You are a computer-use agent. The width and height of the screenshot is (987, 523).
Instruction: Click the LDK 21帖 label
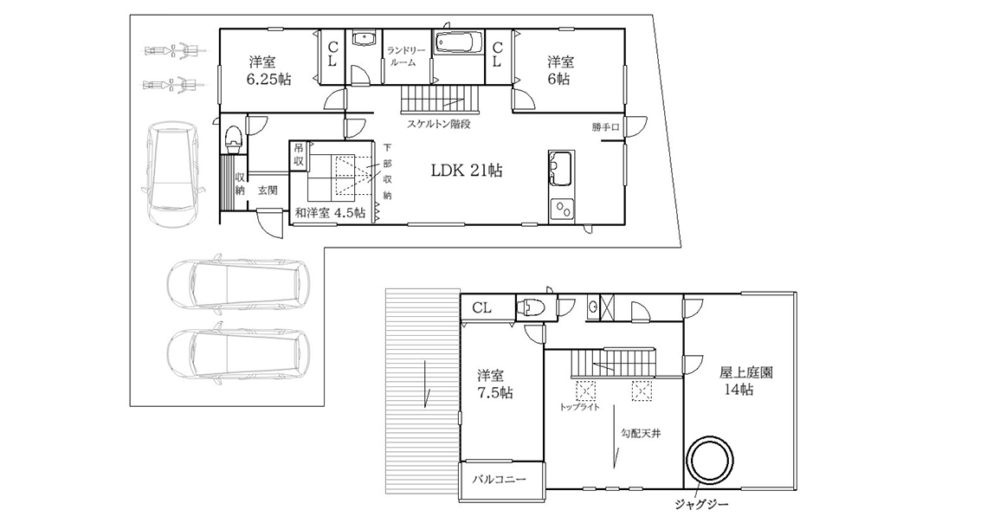(467, 170)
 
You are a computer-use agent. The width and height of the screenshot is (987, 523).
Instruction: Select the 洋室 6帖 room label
(559, 70)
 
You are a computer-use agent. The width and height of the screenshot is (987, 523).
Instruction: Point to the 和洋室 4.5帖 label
(331, 213)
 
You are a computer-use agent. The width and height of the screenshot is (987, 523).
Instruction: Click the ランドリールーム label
(403, 56)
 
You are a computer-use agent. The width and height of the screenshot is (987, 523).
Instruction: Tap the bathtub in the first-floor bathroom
(458, 42)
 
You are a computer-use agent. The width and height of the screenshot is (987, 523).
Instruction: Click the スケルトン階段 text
(439, 124)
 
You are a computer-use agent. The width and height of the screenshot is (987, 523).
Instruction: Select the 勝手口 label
(605, 127)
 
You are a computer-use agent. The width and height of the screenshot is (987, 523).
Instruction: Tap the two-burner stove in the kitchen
(562, 209)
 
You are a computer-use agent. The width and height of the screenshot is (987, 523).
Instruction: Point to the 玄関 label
(268, 190)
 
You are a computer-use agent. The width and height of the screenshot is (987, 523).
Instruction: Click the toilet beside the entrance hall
(233, 137)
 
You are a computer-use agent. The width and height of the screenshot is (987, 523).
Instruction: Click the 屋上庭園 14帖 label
(746, 381)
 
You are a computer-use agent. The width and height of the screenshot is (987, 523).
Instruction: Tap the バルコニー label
(500, 480)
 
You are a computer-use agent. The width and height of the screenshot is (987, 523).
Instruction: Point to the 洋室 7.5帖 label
(494, 384)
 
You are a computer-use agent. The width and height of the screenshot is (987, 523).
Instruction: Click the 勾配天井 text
(641, 434)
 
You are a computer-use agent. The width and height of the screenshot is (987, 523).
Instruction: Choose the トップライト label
(579, 407)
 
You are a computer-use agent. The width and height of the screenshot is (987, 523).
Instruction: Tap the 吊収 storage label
(299, 155)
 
